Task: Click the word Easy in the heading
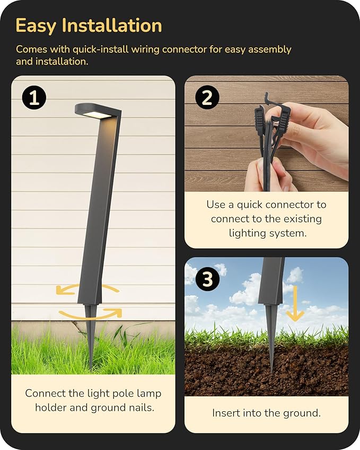pos(36,25)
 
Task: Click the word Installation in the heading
pos(112,25)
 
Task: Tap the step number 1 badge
pos(34,98)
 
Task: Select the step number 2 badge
pos(207,98)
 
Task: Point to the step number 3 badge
pos(207,279)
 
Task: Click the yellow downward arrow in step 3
pos(295,303)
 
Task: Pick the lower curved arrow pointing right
pos(91,315)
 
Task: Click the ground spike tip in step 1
pos(92,370)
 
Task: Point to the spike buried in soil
pos(271,355)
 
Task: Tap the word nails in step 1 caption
pos(139,407)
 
